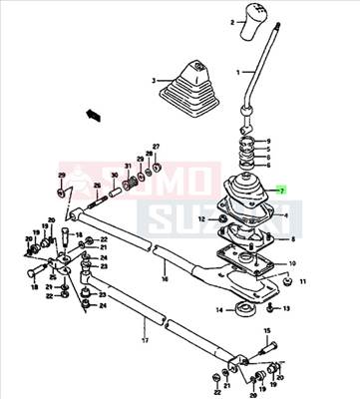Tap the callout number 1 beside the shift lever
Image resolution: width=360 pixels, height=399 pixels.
point(238,73)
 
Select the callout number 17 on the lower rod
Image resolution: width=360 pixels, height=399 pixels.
point(146,341)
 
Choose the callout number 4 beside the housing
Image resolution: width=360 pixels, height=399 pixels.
point(287,214)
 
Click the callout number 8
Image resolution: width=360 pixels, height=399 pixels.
point(290,239)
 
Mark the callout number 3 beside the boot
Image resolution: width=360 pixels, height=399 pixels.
point(155,80)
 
